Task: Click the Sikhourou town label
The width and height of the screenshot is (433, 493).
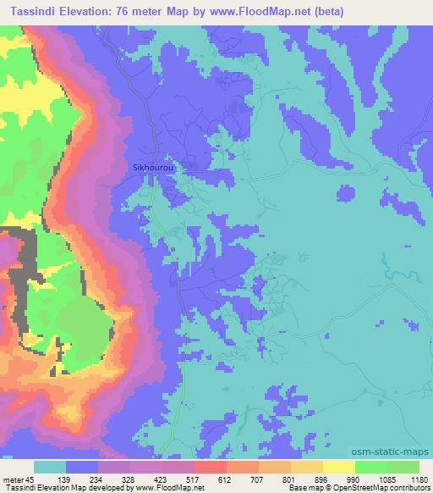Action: pos(153,168)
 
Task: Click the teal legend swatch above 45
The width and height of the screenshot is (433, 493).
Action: pos(50,467)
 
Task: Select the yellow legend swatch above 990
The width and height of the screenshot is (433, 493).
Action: pos(338,467)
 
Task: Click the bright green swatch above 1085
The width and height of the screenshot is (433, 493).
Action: pos(370,467)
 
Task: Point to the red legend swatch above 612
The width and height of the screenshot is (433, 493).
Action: pos(210,467)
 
